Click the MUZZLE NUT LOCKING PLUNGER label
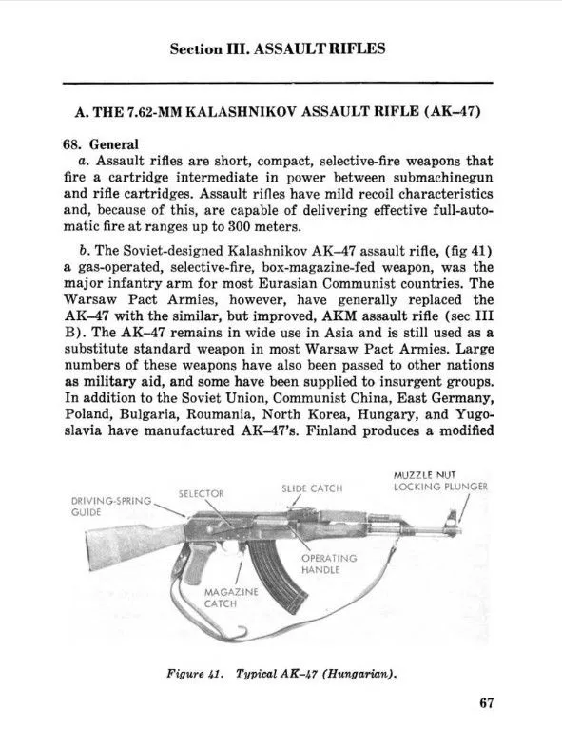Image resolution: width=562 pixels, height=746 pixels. pos(440,481)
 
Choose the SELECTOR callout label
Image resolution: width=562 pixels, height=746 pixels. pos(202,494)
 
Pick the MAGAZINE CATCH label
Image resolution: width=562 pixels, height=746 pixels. pos(220,597)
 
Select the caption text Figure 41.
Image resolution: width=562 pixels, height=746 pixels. pos(196,676)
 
